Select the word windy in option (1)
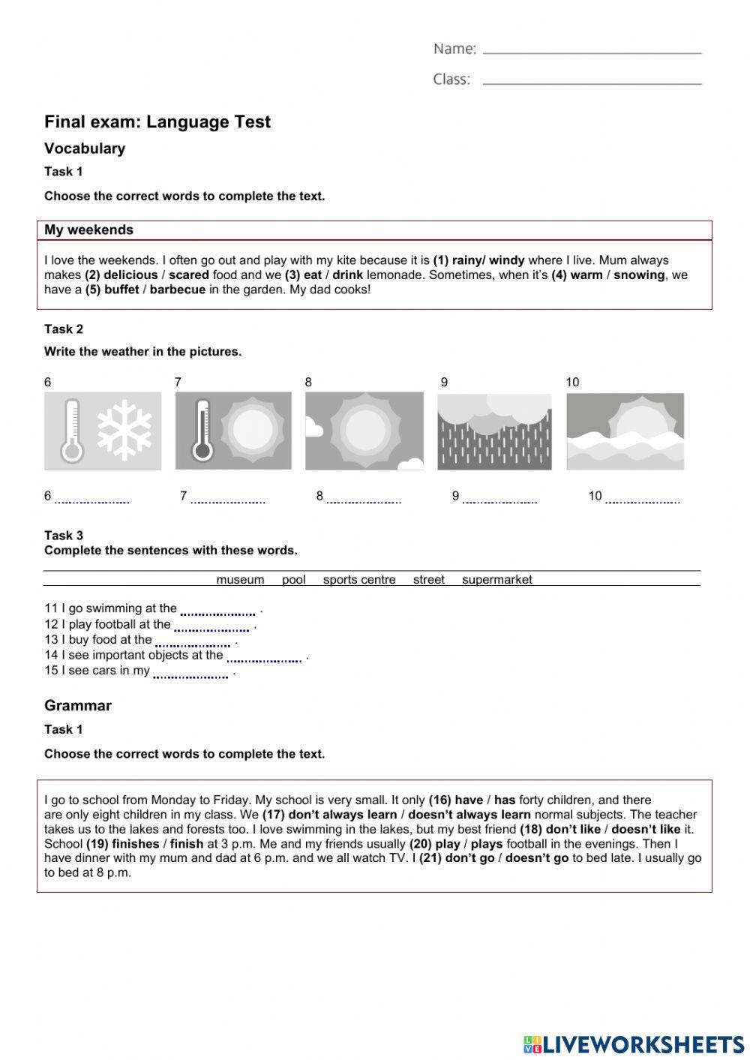[x=507, y=260]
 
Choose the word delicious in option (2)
[x=130, y=275]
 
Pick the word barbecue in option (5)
[x=177, y=290]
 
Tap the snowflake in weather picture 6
[x=124, y=430]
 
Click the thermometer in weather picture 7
[x=202, y=430]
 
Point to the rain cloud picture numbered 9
[x=494, y=431]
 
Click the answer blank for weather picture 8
[x=364, y=498]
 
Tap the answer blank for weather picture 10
[x=643, y=498]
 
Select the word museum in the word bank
[x=240, y=580]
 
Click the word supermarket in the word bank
[x=497, y=580]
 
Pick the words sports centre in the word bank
[x=359, y=580]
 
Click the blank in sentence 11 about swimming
[x=217, y=611]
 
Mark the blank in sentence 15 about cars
[x=190, y=673]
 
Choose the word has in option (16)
[x=505, y=800]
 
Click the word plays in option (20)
[x=487, y=844]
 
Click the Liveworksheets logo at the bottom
[x=634, y=1044]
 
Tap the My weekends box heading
[x=88, y=230]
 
